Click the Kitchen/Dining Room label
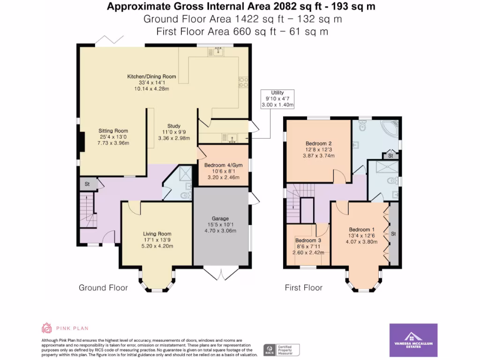pos(152,82)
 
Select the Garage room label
pos(220,225)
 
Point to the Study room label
pos(174,132)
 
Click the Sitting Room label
pos(113,136)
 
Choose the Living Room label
pos(157,240)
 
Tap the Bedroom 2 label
pos(319,150)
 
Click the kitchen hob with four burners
pos(243,82)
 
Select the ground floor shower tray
pos(184,174)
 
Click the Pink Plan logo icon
pos(47,328)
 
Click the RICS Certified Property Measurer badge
pos(281,350)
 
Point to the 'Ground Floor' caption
pos(103,287)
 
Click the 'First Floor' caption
pos(304,287)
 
